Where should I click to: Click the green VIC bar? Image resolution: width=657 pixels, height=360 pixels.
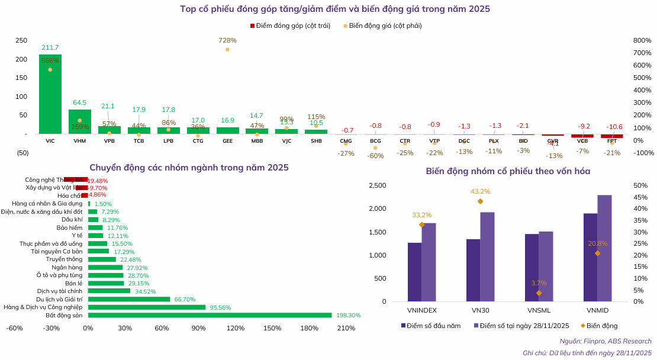50,95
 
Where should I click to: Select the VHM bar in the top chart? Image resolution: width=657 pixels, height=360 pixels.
80,122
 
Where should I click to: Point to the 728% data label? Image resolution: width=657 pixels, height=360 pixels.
227,40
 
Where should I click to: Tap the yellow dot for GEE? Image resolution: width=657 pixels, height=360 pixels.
227,50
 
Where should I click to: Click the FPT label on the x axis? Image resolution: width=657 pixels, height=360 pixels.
611,142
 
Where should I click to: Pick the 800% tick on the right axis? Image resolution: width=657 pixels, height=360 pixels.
642,40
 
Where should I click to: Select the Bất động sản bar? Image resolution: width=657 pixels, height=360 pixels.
210,315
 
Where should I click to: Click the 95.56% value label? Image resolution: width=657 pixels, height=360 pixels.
219,307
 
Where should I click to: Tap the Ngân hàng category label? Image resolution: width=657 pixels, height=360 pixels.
68,268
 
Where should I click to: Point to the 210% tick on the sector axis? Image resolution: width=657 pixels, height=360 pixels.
346,328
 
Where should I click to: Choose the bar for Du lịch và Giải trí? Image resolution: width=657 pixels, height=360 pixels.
129,299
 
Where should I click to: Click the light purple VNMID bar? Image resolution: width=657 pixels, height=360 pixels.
604,248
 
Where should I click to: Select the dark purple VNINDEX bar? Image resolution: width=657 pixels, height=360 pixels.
414,272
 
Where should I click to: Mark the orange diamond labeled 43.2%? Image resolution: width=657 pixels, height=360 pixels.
480,201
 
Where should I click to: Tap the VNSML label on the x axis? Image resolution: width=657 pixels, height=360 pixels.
539,310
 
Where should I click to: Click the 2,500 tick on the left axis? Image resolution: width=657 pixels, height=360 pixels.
377,186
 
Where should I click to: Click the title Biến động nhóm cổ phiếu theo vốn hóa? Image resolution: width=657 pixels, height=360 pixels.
507,171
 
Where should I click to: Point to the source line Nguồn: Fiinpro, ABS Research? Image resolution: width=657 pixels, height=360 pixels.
605,341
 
